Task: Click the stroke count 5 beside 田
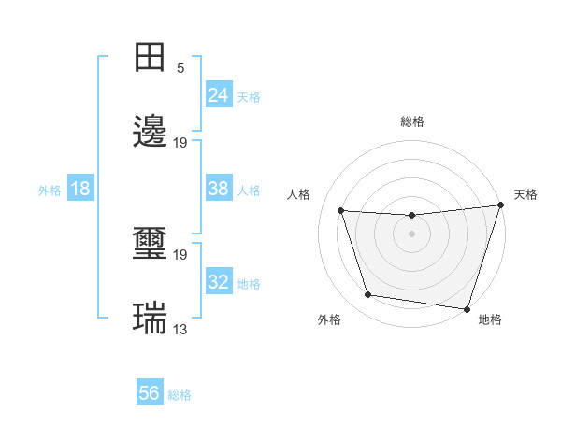click(180, 68)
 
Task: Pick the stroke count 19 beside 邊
click(180, 143)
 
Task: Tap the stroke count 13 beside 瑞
click(180, 330)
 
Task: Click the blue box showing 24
click(218, 95)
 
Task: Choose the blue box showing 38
click(218, 189)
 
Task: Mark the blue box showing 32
click(218, 282)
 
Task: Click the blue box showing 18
click(80, 189)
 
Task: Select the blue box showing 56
click(150, 393)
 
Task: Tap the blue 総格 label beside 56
click(180, 395)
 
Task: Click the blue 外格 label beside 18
click(50, 191)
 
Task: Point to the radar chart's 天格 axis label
click(525, 194)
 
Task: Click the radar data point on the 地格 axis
click(467, 308)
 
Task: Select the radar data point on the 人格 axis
click(341, 210)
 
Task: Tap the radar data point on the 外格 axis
click(368, 295)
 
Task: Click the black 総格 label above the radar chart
click(412, 121)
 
